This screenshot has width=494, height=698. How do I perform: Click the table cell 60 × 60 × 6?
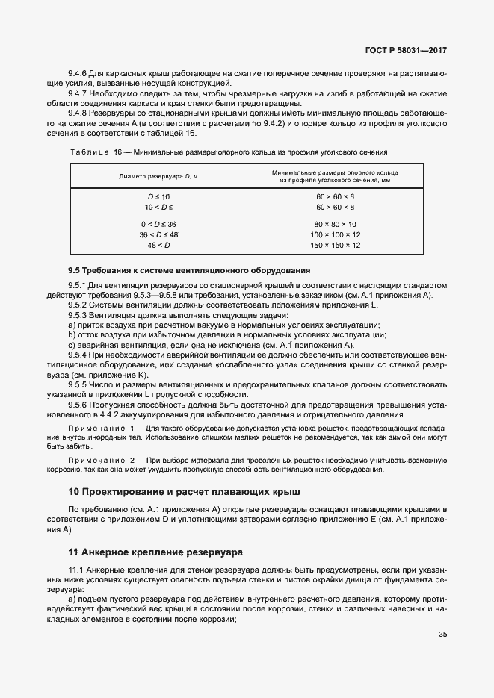pos(336,196)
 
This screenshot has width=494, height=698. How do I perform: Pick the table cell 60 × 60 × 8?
pos(336,206)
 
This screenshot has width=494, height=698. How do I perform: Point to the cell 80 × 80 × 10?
pos(336,224)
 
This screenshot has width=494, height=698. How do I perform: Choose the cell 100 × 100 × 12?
pos(336,234)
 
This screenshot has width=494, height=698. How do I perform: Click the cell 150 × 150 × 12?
pos(336,245)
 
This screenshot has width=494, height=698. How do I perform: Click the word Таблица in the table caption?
pos(89,152)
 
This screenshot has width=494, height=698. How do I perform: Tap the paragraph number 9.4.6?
pos(78,75)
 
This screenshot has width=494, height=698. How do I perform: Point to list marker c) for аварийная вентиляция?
pos(71,346)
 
